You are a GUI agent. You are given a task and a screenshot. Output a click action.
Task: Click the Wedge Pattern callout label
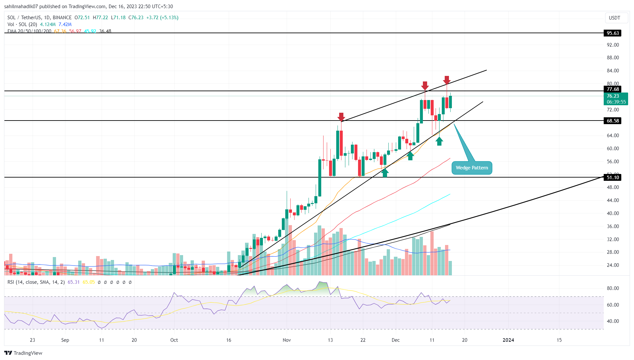472,168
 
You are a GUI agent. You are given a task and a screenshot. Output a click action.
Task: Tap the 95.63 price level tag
612,33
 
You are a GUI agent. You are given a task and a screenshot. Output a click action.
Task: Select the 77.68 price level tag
612,89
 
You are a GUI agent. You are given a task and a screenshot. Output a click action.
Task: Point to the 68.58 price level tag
612,121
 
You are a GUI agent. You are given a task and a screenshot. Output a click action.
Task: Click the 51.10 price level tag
612,178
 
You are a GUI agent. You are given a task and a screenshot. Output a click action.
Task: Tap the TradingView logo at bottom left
23,353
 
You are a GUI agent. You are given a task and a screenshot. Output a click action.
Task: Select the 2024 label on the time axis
508,340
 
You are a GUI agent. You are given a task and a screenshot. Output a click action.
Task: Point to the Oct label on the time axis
174,340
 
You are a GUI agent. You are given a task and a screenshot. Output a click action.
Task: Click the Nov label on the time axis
287,340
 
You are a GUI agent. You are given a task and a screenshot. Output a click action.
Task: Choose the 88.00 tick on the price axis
613,58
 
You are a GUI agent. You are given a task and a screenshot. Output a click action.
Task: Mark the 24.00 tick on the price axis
613,265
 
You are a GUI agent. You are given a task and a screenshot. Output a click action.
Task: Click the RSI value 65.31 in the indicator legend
74,282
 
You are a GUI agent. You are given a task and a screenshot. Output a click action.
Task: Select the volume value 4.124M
48,24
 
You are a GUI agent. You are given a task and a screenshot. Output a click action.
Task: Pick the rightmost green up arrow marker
439,141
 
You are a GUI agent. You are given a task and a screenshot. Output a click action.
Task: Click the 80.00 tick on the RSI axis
613,288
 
